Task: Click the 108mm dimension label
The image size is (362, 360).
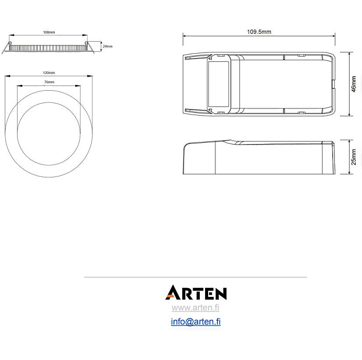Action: (x=49, y=32)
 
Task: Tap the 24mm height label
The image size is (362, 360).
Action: (x=107, y=46)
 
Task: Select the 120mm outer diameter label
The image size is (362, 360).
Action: (x=49, y=73)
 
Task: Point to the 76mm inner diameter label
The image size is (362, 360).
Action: (x=49, y=82)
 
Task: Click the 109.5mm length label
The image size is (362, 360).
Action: (x=259, y=32)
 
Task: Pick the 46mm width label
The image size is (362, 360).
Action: (x=354, y=84)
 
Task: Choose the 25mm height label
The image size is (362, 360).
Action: (x=354, y=157)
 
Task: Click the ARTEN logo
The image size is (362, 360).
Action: (x=196, y=293)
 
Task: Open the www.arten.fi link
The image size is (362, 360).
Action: (x=195, y=307)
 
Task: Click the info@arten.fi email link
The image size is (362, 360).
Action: (x=196, y=321)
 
